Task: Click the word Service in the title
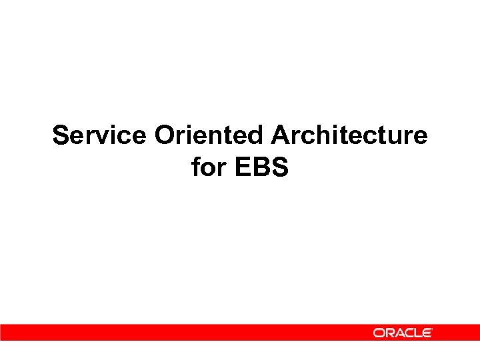[x=99, y=135]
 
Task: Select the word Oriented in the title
[x=209, y=135]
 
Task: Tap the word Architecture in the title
[x=349, y=135]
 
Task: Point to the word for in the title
[x=209, y=167]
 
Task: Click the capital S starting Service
[x=61, y=135]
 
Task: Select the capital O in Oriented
[x=164, y=135]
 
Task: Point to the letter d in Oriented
[x=257, y=135]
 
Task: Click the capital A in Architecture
[x=280, y=135]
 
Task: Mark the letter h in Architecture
[x=321, y=135]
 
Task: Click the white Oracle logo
[x=403, y=333]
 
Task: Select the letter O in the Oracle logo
[x=378, y=333]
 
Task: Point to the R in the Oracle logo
[x=388, y=333]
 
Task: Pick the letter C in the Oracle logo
[x=407, y=333]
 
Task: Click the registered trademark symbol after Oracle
[x=433, y=329]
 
